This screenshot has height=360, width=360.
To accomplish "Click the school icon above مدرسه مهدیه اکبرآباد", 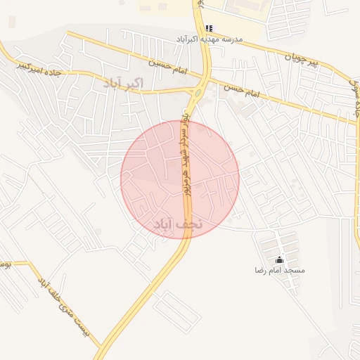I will click(x=208, y=28).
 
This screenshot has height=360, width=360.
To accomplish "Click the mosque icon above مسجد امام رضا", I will click(x=280, y=259).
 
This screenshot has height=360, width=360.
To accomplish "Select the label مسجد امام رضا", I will click(x=280, y=270).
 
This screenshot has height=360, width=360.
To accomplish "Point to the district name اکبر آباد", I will click(x=123, y=84).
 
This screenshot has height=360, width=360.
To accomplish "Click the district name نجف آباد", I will click(x=177, y=224).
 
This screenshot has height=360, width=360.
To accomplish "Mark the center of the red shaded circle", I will click(x=180, y=179).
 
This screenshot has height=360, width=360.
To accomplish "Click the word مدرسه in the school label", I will click(x=231, y=39).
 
